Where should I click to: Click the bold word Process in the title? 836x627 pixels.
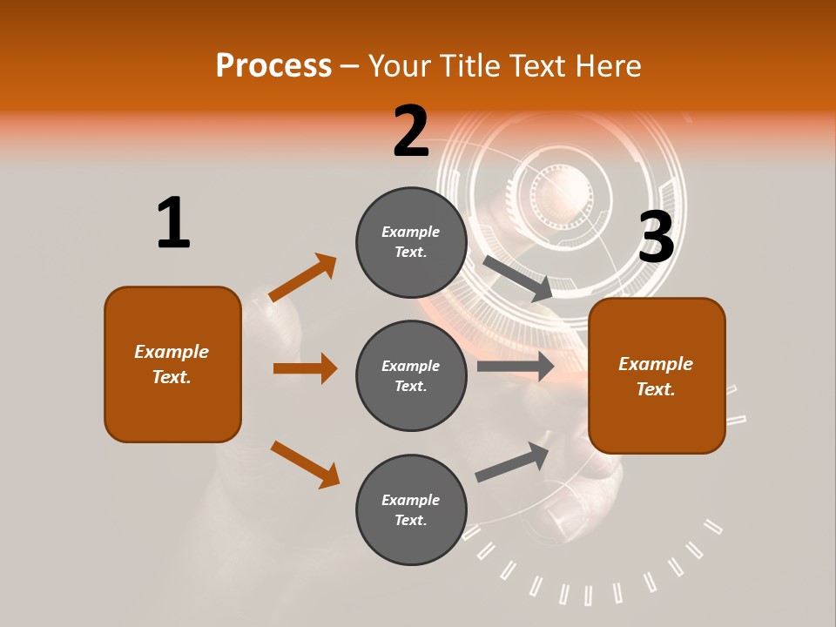273,66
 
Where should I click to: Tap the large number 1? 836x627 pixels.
173,224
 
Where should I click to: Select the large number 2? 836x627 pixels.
411,132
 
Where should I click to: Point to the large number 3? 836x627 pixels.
657,239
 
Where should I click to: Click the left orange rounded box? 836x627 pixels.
172,364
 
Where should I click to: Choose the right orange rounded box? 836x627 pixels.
657,376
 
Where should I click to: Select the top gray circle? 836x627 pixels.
411,242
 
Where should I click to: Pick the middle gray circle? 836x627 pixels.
411,376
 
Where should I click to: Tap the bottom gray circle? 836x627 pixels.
411,510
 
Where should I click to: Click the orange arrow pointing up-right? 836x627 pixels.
303,278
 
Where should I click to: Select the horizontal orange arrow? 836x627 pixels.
305,368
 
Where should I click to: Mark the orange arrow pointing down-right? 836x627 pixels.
305,464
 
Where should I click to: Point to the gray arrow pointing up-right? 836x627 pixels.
513,462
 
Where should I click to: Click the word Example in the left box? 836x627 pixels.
172,352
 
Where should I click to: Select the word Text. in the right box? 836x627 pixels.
656,389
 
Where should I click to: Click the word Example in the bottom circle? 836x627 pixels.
411,500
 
